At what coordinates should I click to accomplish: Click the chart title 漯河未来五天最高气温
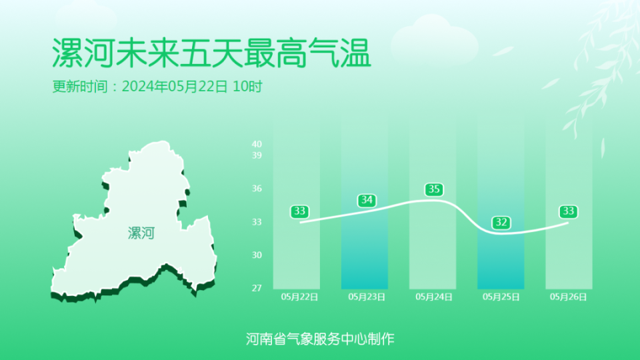coord(211,53)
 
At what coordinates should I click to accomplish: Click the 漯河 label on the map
coord(141,233)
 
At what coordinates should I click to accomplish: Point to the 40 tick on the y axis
coord(257,144)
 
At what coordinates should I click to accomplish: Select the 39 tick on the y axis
coord(257,155)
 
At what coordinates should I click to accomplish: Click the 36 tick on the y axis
coord(257,189)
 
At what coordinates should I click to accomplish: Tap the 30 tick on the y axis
coord(257,255)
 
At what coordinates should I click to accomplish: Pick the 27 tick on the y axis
coord(257,288)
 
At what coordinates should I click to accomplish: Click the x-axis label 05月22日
coord(299,297)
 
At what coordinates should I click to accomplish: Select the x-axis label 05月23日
coord(367,297)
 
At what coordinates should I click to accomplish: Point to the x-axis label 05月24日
coord(434,297)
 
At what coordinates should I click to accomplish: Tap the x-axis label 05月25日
coord(501,297)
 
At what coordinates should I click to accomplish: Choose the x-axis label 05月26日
coord(569,297)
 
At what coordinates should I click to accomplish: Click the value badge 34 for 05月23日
coord(367,200)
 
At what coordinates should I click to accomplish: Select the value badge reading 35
coord(434,189)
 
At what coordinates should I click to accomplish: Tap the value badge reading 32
coord(501,223)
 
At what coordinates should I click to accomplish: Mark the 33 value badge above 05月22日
coord(299,211)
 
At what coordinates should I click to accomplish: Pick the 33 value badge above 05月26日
coord(568,211)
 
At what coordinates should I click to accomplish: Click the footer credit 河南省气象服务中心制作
coord(320,339)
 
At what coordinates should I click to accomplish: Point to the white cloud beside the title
coord(434,41)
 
